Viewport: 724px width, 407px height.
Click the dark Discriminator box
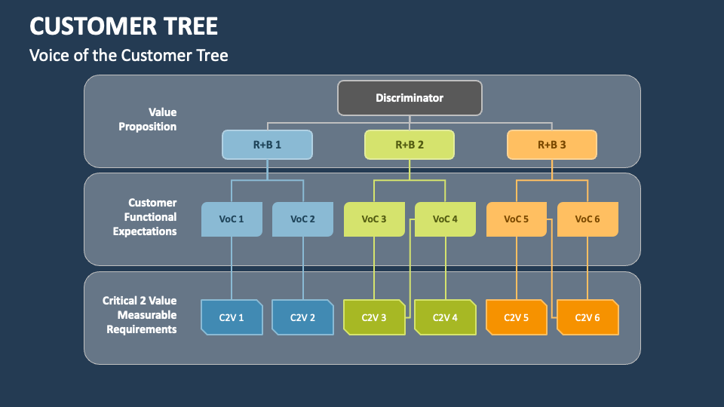pyautogui.click(x=410, y=98)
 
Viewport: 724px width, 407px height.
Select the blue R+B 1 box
pyautogui.click(x=267, y=145)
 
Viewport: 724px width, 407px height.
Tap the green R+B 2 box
pyautogui.click(x=410, y=145)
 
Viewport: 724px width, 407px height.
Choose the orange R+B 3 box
pyautogui.click(x=551, y=145)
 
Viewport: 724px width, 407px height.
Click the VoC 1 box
pyautogui.click(x=232, y=219)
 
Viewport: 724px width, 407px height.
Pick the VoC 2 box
pyautogui.click(x=302, y=219)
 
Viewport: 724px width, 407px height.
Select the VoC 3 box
pyautogui.click(x=374, y=219)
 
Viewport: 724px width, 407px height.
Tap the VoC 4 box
pyautogui.click(x=445, y=219)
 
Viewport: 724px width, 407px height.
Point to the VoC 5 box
pyautogui.click(x=516, y=219)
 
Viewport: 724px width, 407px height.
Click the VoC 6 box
pyautogui.click(x=587, y=219)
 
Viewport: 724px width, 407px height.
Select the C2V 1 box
pyautogui.click(x=232, y=317)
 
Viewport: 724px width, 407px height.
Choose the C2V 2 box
pyautogui.click(x=302, y=317)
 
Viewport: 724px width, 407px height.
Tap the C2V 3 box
pyautogui.click(x=374, y=317)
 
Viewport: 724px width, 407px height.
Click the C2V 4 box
pyautogui.click(x=445, y=317)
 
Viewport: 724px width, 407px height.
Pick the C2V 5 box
pyautogui.click(x=516, y=317)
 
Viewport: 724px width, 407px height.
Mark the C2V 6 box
pyautogui.click(x=587, y=317)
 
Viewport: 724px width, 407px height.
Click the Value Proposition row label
pyautogui.click(x=148, y=120)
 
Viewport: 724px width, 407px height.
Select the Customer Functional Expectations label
pyautogui.click(x=145, y=217)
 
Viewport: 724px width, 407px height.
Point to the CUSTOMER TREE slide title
pyautogui.click(x=124, y=26)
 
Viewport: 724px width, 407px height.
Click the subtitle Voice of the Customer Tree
pyautogui.click(x=128, y=55)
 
